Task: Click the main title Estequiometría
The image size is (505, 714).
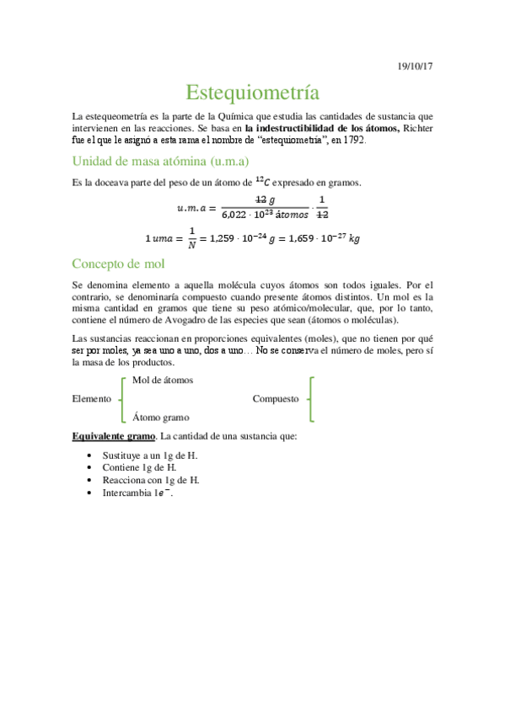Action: pyautogui.click(x=252, y=91)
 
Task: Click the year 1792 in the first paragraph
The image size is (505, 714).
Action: pyautogui.click(x=351, y=140)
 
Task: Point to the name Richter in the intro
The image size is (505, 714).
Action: pyautogui.click(x=417, y=128)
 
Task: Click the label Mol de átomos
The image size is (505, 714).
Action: pyautogui.click(x=163, y=380)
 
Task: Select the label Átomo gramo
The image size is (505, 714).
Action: pyautogui.click(x=160, y=417)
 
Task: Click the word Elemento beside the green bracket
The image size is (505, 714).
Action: pyautogui.click(x=92, y=398)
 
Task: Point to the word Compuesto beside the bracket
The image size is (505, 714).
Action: pyautogui.click(x=276, y=398)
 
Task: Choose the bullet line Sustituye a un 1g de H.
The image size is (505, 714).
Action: pyautogui.click(x=150, y=455)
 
